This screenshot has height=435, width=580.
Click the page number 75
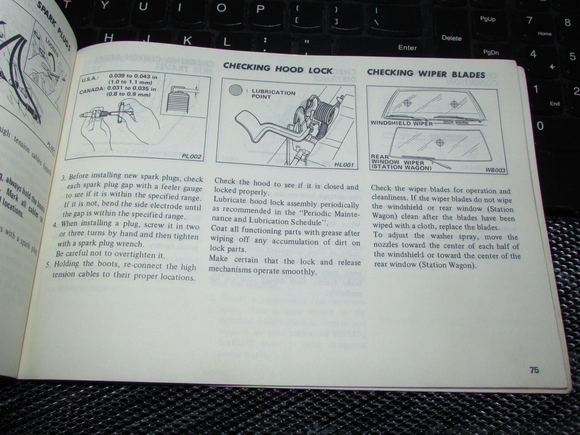(534, 370)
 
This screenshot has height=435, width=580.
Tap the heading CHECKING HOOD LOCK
(278, 68)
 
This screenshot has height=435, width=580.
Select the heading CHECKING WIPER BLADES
(426, 73)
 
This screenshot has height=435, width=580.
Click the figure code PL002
(191, 157)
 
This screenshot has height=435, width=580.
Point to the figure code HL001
(344, 165)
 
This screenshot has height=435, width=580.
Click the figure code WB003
(495, 170)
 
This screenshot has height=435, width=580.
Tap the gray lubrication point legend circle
(236, 90)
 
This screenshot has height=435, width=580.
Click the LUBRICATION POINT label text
(273, 94)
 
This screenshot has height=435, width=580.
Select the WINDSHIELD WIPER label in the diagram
(401, 123)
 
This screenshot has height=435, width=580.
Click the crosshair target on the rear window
(440, 142)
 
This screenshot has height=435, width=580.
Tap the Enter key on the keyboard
(407, 47)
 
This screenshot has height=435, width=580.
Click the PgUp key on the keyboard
(488, 19)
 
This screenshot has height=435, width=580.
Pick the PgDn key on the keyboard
(491, 52)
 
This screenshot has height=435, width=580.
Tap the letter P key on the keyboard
(260, 8)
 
